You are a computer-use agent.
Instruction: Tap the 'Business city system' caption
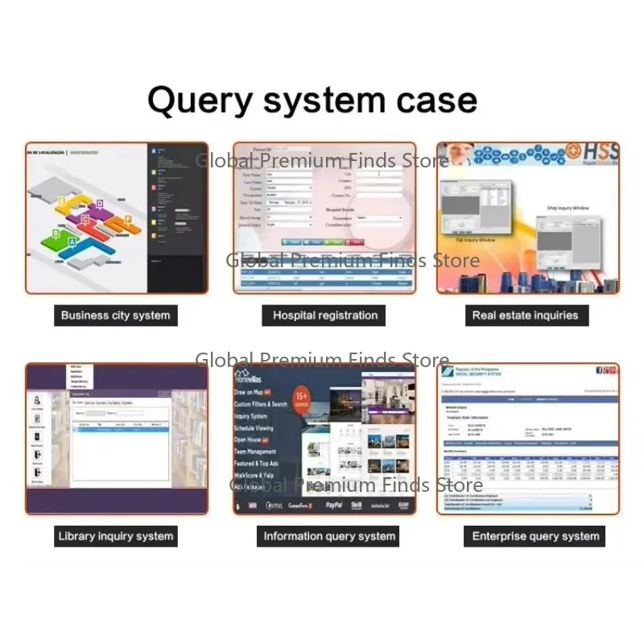pyautogui.click(x=116, y=316)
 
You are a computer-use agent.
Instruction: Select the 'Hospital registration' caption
pyautogui.click(x=325, y=316)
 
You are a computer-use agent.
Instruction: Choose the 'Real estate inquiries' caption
pyautogui.click(x=526, y=316)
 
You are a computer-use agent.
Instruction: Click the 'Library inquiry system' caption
pyautogui.click(x=116, y=536)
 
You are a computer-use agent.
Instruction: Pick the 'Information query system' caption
pyautogui.click(x=330, y=536)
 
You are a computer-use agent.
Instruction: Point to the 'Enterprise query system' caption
pyautogui.click(x=535, y=536)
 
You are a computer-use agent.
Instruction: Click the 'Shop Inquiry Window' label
pyautogui.click(x=568, y=208)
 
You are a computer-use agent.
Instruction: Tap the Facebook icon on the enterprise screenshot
pyautogui.click(x=600, y=370)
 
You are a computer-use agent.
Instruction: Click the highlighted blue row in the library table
pyautogui.click(x=121, y=430)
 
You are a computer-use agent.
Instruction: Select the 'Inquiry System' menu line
pyautogui.click(x=250, y=416)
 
